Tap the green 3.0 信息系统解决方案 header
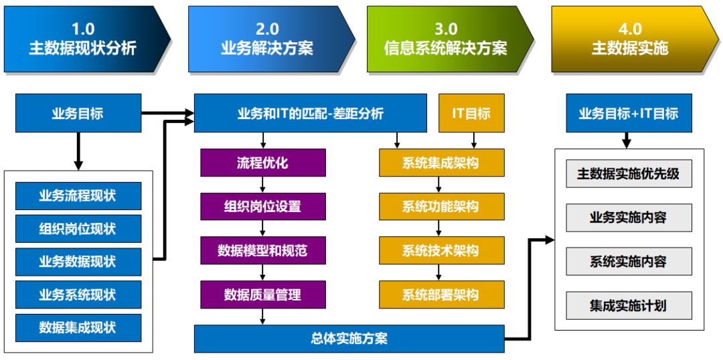coord(445,39)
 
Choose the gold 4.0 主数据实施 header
coord(629,39)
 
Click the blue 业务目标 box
coord(78,113)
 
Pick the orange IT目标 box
coord(471,113)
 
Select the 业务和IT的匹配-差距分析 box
coord(311,113)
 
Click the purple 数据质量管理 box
coord(262,294)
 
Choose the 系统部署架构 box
coord(440,294)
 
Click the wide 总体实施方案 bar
coord(349,339)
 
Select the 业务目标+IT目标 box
coord(628,113)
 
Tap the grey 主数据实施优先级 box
coord(628,174)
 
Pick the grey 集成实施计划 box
coord(628,306)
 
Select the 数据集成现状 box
coord(78,327)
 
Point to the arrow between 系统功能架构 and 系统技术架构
coord(439,229)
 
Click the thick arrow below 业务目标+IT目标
coord(627,141)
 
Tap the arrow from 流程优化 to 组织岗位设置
coord(263,185)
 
